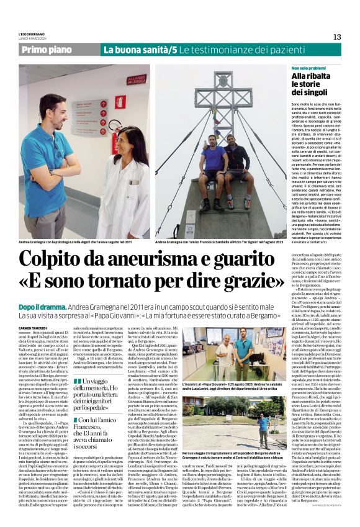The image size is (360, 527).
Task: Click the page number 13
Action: click(336, 37)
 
